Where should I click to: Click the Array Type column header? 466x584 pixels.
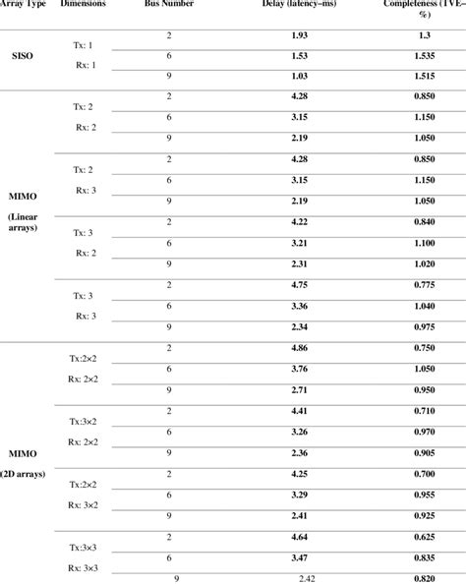tap(23, 5)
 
